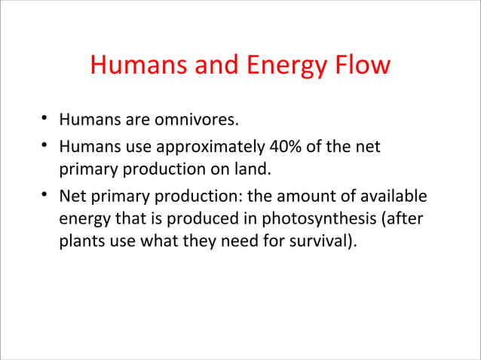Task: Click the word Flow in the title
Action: [360, 66]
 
